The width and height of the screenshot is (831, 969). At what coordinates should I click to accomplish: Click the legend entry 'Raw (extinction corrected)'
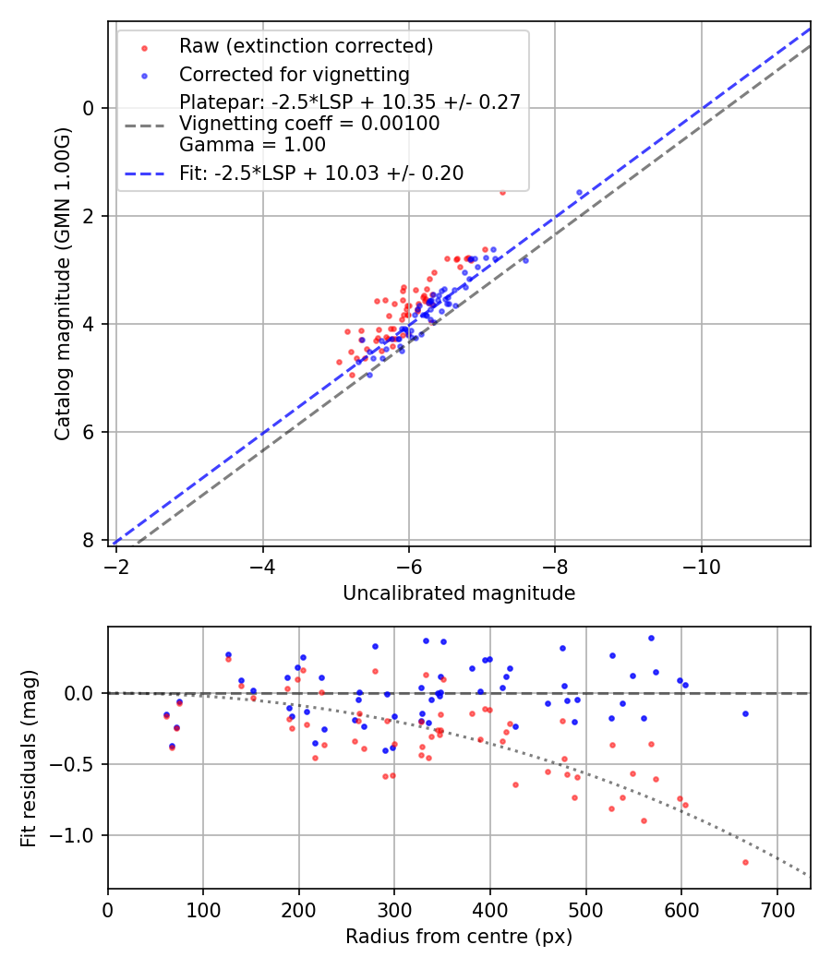click(306, 46)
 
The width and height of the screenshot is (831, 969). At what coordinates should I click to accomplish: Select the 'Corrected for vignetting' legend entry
click(295, 74)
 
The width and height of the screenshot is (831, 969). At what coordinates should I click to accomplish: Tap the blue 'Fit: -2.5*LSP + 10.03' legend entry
click(321, 173)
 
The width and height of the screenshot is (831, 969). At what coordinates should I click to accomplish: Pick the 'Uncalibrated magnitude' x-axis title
click(459, 593)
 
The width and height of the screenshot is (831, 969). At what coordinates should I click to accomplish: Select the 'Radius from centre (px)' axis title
click(459, 937)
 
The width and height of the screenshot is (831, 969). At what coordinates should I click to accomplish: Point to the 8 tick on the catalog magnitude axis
click(90, 540)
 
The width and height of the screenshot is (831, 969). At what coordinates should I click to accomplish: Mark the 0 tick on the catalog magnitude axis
click(90, 108)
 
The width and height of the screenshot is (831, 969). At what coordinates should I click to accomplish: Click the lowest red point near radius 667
click(745, 862)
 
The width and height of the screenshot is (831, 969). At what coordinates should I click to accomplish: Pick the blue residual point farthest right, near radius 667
click(745, 713)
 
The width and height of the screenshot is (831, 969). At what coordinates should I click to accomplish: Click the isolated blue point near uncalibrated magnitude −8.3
click(580, 192)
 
